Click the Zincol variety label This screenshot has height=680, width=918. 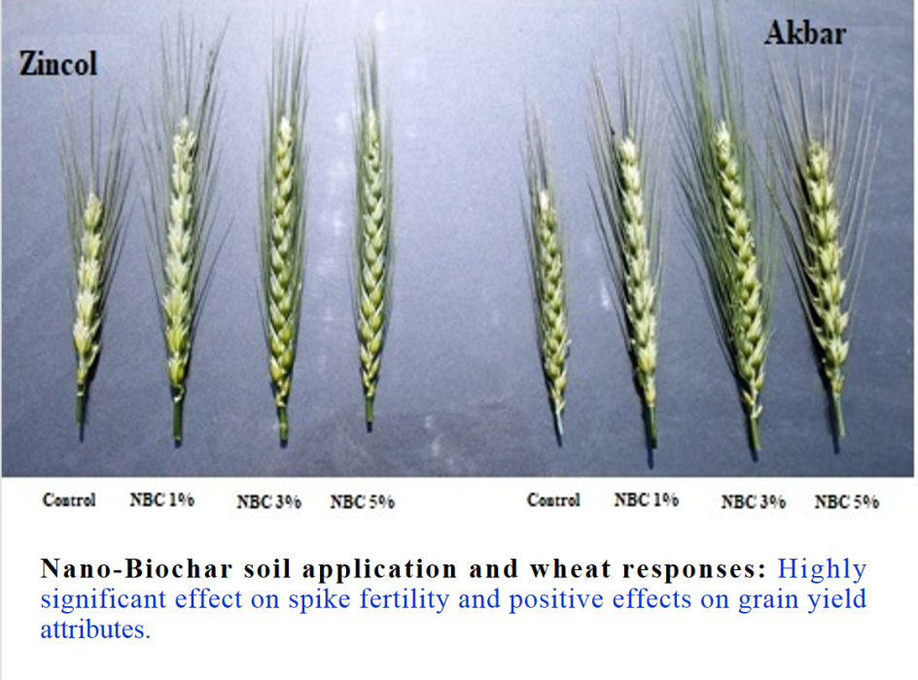coord(58,63)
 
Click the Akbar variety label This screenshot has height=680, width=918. coord(805,33)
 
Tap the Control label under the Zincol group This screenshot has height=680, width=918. coord(69,500)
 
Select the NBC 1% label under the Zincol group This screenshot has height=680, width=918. coord(162,500)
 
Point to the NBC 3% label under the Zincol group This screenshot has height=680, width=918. coord(268,501)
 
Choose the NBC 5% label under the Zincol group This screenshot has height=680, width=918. coord(363,501)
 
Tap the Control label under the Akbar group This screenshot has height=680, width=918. coord(553,500)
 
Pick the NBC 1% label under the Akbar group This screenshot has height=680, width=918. coord(647,500)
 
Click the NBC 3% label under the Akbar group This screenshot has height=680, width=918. coord(754,501)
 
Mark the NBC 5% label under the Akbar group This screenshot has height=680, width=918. coord(847,501)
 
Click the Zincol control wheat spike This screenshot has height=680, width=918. coord(88,292)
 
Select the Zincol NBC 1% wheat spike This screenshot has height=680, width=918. coord(179,263)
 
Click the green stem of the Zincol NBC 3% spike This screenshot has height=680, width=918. coord(283,424)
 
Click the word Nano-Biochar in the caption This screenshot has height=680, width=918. coord(136,569)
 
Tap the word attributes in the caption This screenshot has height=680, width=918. coord(95,630)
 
